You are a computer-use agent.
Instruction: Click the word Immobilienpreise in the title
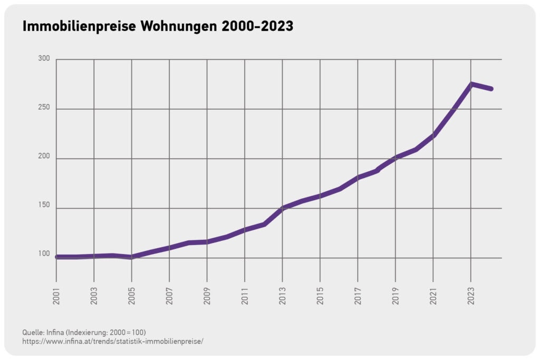(x=79, y=26)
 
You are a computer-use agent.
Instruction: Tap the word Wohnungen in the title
(x=179, y=26)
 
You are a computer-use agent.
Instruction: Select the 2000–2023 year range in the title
(x=257, y=26)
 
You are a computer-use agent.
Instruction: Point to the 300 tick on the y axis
(x=44, y=59)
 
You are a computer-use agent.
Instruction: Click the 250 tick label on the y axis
(x=44, y=108)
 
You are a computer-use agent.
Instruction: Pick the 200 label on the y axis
(x=44, y=156)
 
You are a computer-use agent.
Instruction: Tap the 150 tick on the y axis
(x=44, y=205)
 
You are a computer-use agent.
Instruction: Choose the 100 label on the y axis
(x=44, y=254)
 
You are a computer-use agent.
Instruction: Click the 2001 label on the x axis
(x=56, y=296)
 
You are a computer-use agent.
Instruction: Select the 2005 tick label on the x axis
(x=131, y=296)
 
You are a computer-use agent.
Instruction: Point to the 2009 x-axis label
(x=207, y=296)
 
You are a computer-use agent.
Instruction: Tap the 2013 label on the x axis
(x=283, y=296)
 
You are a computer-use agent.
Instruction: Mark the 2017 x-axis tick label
(x=358, y=296)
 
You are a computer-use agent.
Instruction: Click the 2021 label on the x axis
(x=433, y=296)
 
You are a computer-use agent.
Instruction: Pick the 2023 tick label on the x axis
(x=471, y=296)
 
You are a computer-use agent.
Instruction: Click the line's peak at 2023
(x=471, y=84)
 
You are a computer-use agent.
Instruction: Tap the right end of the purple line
(x=491, y=89)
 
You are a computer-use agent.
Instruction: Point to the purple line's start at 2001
(x=57, y=257)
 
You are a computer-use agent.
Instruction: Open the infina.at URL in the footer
(x=113, y=342)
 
